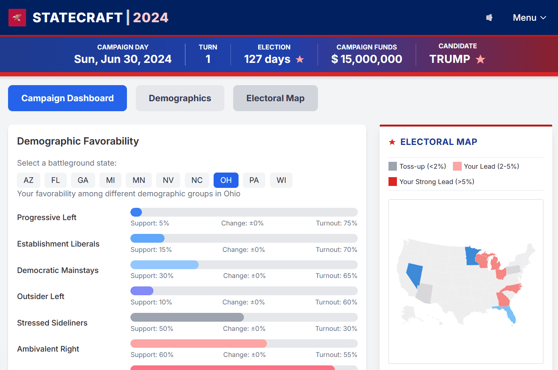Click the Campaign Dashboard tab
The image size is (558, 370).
pyautogui.click(x=67, y=98)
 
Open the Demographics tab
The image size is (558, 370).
pyautogui.click(x=180, y=98)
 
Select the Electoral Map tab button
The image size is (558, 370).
pyautogui.click(x=275, y=98)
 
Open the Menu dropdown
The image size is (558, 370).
pyautogui.click(x=529, y=18)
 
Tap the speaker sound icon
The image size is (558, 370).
pyautogui.click(x=489, y=18)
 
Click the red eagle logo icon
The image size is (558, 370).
pyautogui.click(x=17, y=18)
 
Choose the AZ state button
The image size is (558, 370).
pyautogui.click(x=28, y=180)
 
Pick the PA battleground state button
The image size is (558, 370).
pyautogui.click(x=254, y=180)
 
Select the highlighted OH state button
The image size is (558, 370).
pyautogui.click(x=226, y=180)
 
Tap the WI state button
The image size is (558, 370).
pyautogui.click(x=281, y=180)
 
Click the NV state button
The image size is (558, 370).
pyautogui.click(x=168, y=180)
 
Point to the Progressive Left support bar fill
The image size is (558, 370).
pyautogui.click(x=136, y=212)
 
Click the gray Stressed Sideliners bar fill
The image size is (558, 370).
pyautogui.click(x=187, y=317)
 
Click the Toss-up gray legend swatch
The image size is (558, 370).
pyautogui.click(x=393, y=166)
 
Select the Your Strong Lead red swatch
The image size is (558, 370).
pyautogui.click(x=393, y=181)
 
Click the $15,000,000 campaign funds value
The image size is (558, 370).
pyautogui.click(x=367, y=59)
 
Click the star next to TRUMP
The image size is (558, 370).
pyautogui.click(x=481, y=59)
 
